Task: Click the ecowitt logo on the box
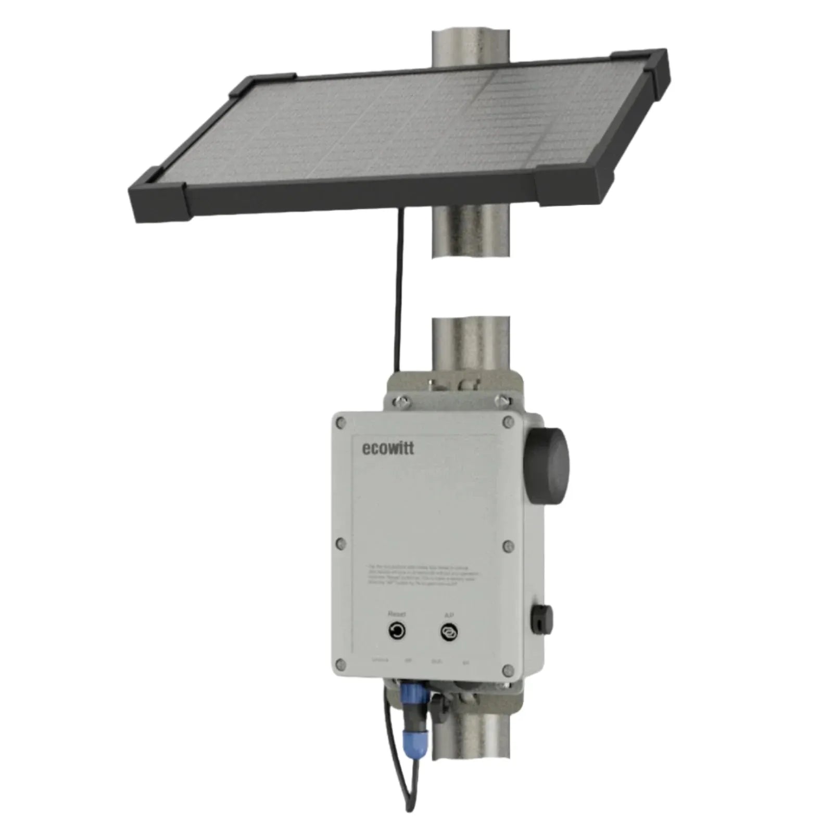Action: click(x=388, y=448)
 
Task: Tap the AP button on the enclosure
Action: click(x=448, y=633)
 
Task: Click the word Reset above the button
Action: click(x=397, y=614)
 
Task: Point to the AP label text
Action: click(x=449, y=615)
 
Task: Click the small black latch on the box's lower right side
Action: click(x=541, y=620)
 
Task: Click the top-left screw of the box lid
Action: click(x=340, y=423)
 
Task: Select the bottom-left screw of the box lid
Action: click(x=340, y=664)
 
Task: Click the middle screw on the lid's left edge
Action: click(x=340, y=544)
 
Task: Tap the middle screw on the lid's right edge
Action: click(x=509, y=546)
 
